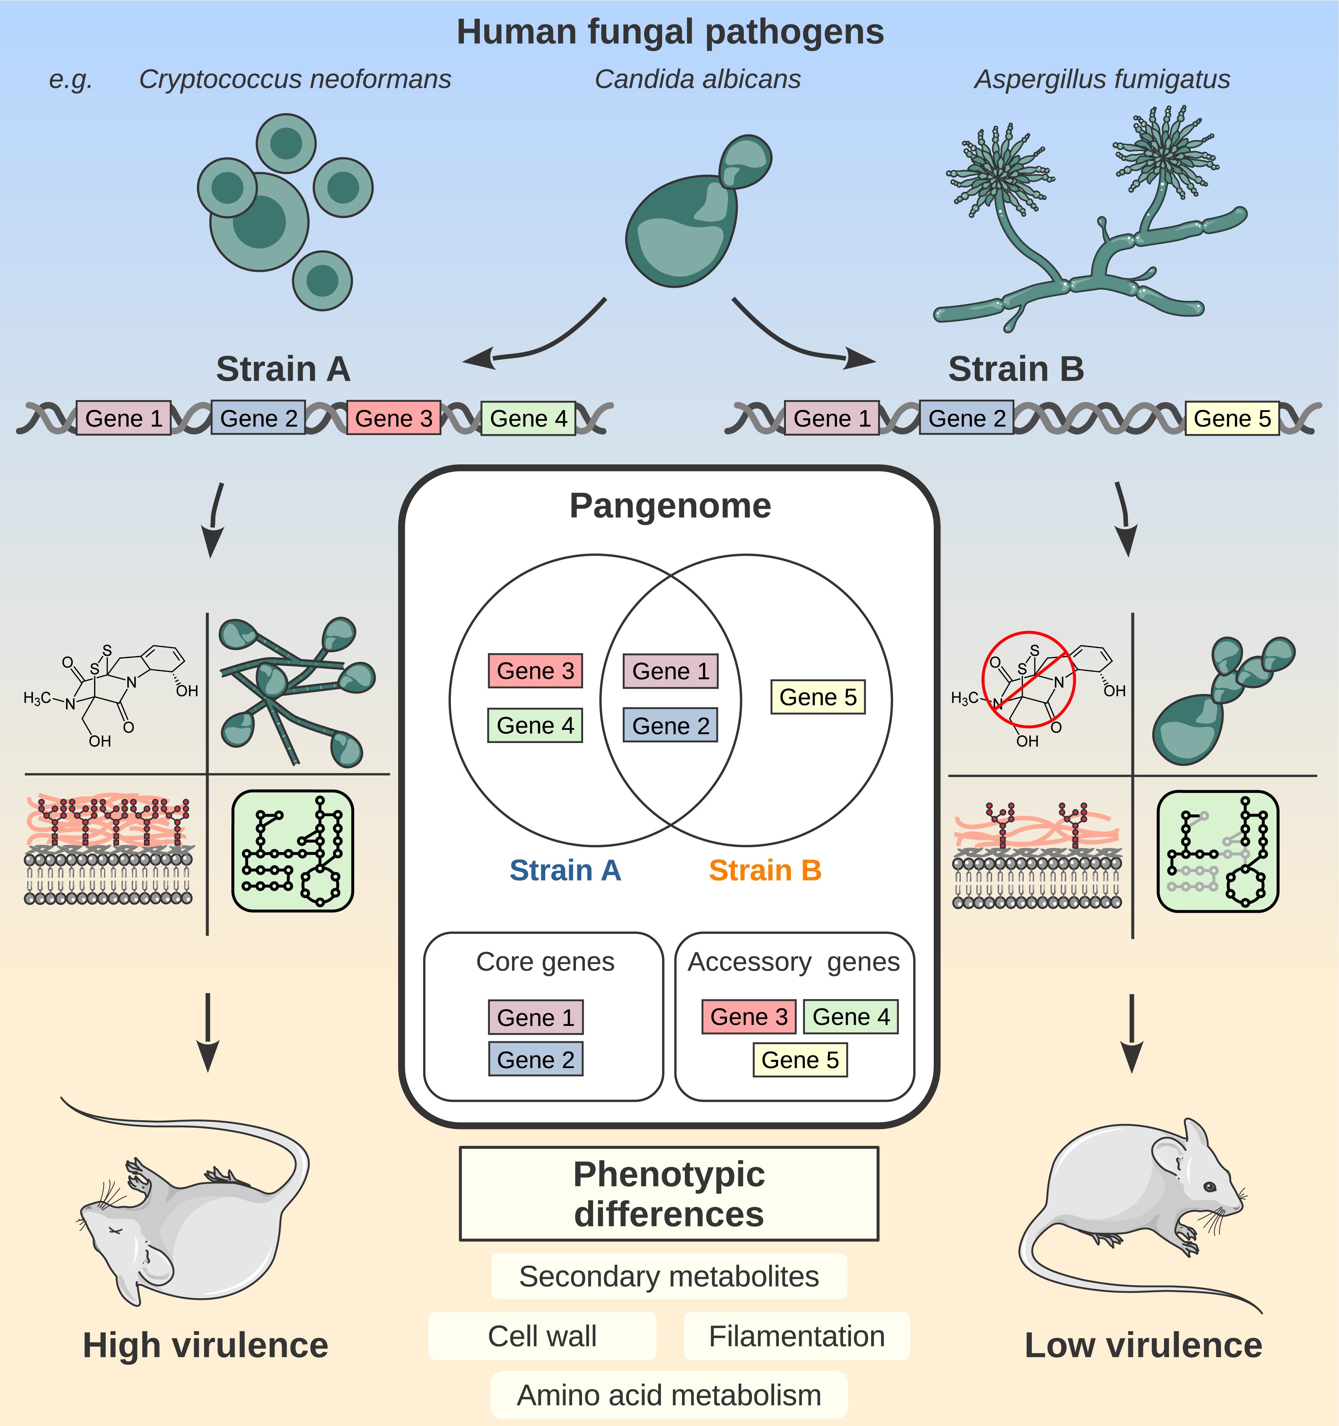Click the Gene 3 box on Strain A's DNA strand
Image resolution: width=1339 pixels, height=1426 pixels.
[394, 418]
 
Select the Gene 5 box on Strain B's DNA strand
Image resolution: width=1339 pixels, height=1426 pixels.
[1232, 418]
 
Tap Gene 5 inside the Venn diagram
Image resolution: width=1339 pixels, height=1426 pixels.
[818, 697]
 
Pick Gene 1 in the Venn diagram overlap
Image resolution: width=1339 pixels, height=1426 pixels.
[671, 671]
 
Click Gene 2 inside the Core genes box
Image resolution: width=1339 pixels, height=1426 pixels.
[536, 1059]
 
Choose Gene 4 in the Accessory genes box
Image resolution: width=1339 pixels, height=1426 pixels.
[851, 1016]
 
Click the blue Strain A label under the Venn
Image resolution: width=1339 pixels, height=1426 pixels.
[565, 870]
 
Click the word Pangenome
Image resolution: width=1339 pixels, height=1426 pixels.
[670, 506]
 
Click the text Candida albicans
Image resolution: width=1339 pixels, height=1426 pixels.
[697, 79]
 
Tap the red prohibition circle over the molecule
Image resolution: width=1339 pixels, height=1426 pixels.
[1028, 679]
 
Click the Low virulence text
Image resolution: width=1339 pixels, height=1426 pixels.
[1143, 1345]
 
